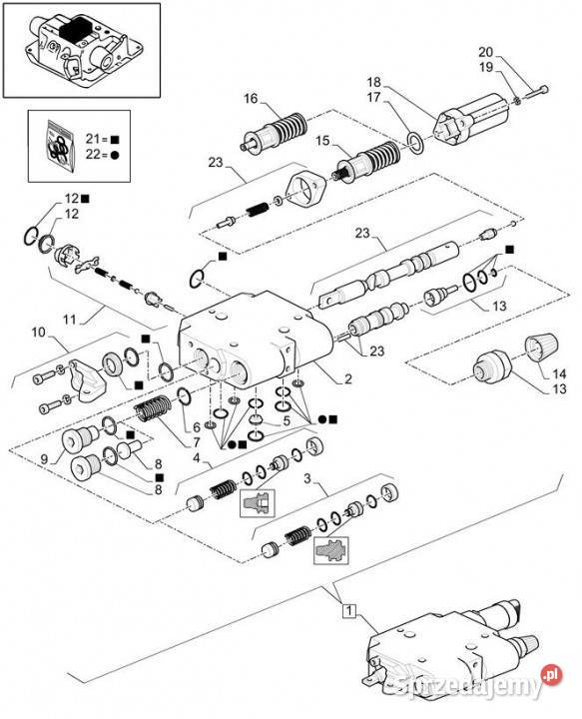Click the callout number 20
click(x=513, y=52)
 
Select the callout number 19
click(x=513, y=67)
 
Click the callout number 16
click(x=251, y=98)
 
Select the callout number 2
click(x=348, y=379)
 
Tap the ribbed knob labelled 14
click(x=539, y=349)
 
